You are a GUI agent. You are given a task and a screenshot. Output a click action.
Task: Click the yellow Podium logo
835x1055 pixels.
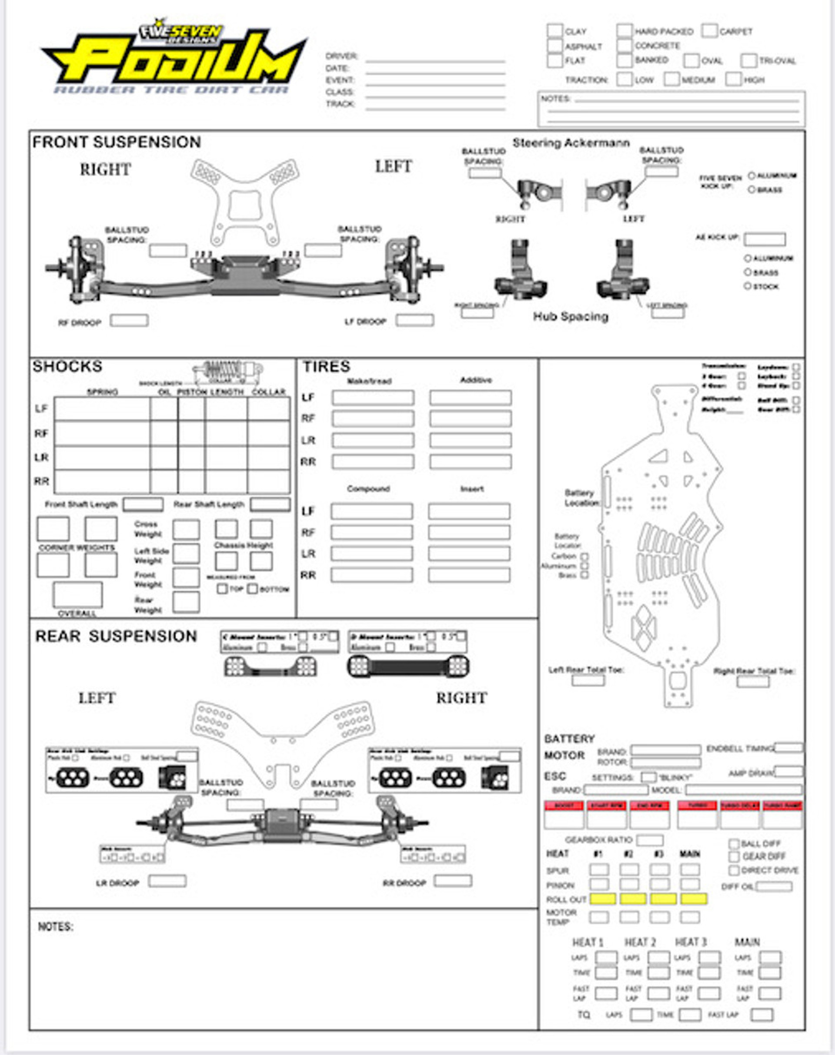[176, 61]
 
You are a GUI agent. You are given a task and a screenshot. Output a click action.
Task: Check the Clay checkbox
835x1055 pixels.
[554, 31]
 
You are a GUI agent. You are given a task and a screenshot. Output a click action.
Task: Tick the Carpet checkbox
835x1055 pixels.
[709, 31]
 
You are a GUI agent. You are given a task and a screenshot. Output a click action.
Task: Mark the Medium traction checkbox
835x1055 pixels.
[672, 79]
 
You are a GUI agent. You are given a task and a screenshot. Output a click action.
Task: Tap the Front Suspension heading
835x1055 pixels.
[117, 142]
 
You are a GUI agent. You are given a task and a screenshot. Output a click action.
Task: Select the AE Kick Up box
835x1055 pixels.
[765, 239]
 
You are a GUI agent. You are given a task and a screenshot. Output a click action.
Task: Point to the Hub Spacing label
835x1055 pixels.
[571, 316]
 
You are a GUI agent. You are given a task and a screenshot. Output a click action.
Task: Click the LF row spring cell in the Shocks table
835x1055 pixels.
[102, 409]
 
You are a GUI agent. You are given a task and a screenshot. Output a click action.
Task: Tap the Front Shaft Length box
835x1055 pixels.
[143, 504]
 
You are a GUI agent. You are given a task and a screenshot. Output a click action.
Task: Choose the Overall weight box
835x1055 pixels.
[78, 594]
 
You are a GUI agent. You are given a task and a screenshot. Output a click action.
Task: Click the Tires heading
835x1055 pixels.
[326, 366]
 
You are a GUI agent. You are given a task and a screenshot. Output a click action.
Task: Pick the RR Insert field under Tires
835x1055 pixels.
[469, 575]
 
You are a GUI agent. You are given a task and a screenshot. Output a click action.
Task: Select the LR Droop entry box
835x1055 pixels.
[167, 881]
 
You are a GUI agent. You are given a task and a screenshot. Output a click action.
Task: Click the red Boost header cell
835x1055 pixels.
[564, 806]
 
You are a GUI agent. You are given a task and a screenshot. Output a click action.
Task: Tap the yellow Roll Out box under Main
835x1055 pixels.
[693, 899]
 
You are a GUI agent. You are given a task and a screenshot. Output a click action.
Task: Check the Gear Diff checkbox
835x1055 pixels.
[733, 857]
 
